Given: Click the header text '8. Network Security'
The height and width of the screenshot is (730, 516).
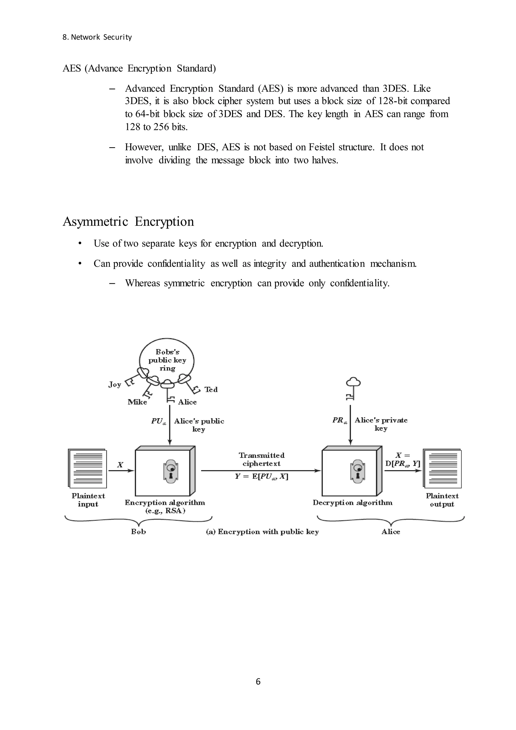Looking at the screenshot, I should point(97,37).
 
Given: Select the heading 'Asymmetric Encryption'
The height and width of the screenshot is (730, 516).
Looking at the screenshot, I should point(128,221).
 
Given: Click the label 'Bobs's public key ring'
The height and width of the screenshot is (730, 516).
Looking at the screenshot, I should point(167,360).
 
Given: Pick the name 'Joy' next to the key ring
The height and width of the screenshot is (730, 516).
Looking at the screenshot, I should point(115,384).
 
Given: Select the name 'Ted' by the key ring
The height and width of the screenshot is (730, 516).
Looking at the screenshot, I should point(211,389).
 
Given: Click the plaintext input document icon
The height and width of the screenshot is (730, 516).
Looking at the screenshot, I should point(87,469).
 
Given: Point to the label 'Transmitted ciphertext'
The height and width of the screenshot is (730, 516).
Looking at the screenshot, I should point(262,460).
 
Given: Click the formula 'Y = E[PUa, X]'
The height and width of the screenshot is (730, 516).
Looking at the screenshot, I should point(262,477).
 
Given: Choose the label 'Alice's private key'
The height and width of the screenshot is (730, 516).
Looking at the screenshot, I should point(381,424).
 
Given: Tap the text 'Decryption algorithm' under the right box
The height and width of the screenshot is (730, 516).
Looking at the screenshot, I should point(352,503).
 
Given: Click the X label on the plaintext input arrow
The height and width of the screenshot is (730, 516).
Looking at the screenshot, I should point(120,465).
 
